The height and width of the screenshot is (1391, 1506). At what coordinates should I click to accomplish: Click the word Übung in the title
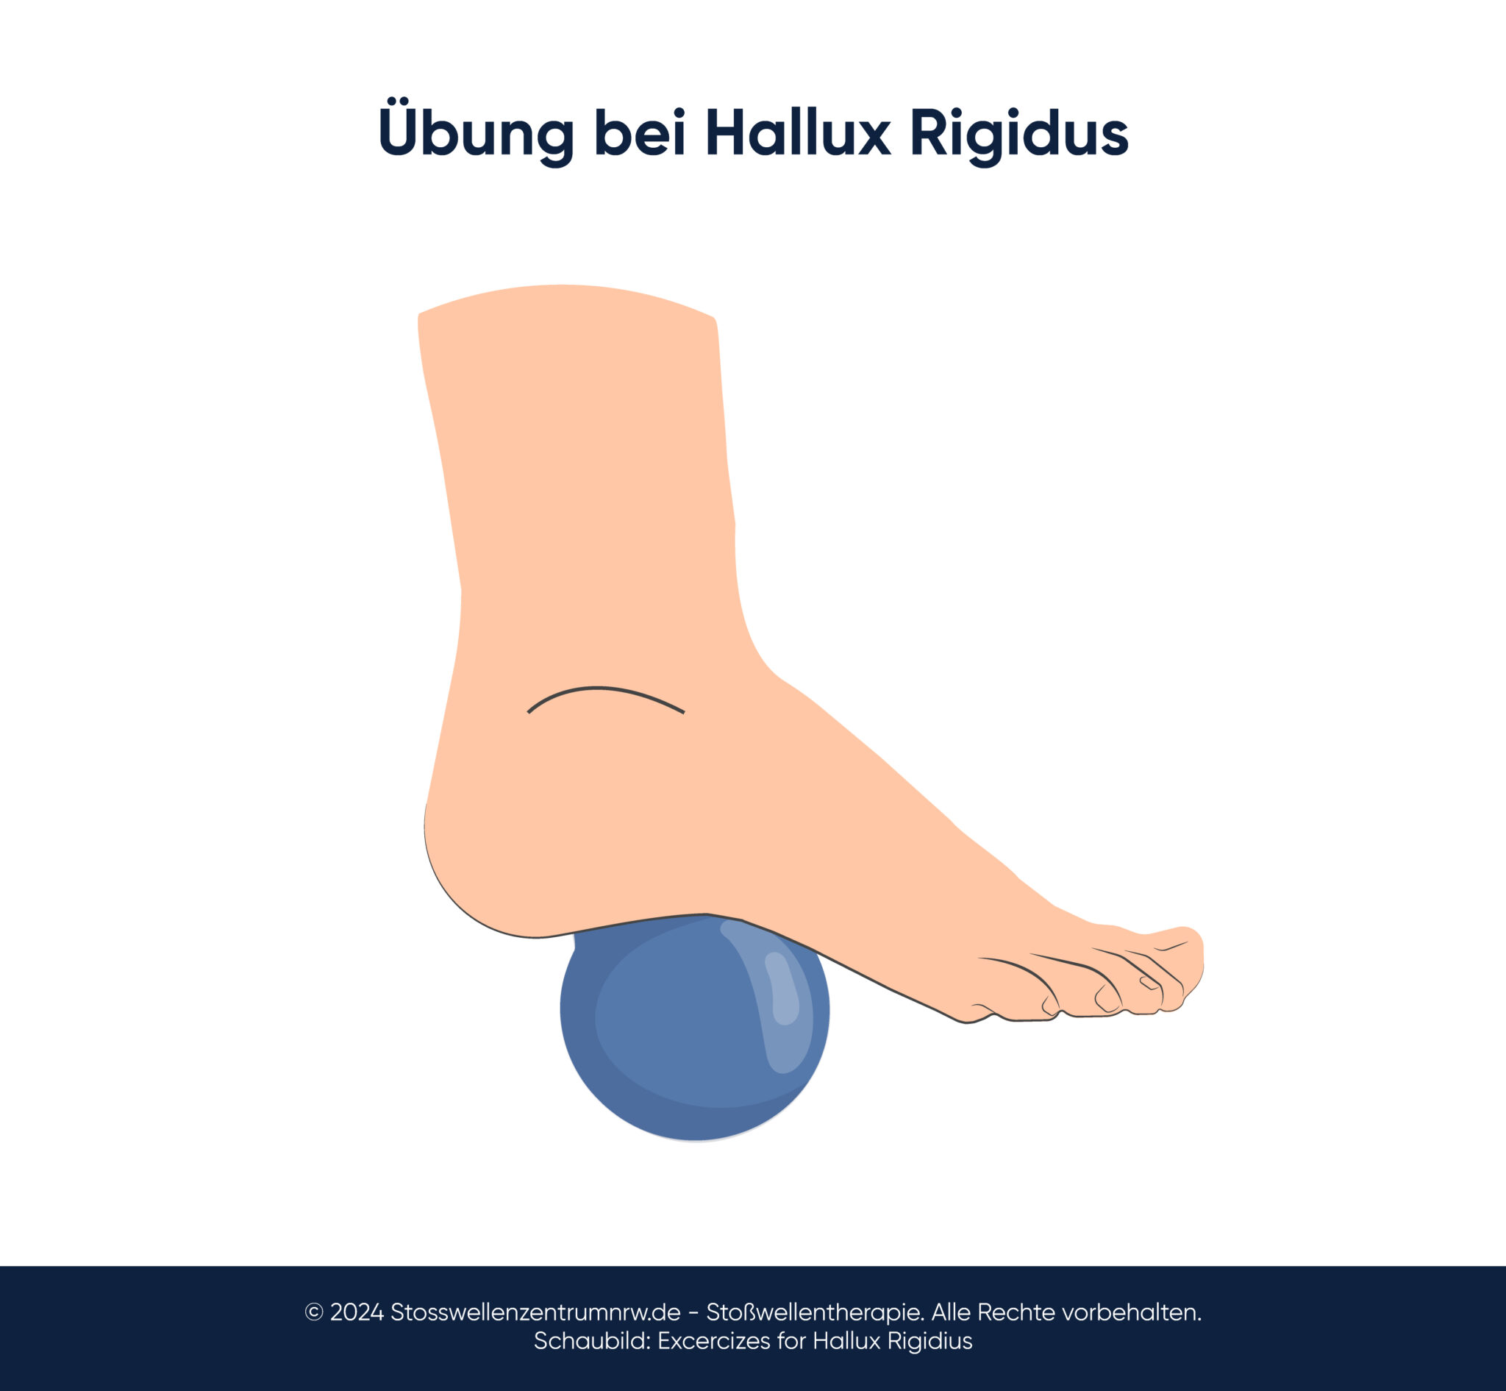476,133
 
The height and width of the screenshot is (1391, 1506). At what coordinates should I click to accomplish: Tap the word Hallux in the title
799,133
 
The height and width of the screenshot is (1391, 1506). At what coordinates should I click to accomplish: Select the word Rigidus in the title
1019,133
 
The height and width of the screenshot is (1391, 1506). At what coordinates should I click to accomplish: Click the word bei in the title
640,133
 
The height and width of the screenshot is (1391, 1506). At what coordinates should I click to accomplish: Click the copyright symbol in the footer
314,1312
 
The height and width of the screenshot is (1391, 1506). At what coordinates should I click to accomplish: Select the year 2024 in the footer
357,1312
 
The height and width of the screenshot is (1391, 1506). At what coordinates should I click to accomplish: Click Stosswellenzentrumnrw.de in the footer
535,1312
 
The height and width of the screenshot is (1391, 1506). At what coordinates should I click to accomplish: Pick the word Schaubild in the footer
591,1340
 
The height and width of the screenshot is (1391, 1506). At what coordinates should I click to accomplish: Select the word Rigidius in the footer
929,1340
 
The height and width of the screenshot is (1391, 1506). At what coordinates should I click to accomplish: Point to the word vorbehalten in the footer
1134,1312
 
